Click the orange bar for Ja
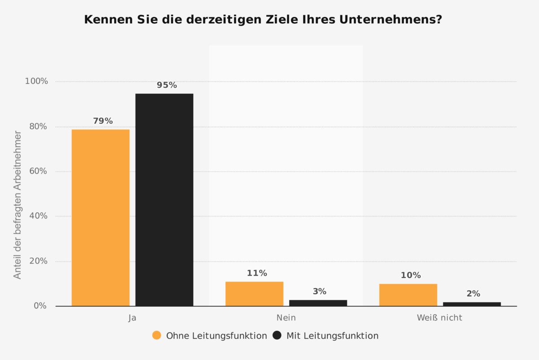coord(101,218)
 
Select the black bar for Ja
coord(164,200)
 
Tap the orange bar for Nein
coord(254,294)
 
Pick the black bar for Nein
coord(318,303)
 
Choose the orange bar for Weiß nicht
coord(408,295)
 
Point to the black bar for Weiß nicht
coord(472,304)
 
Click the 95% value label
coord(167,85)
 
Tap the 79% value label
coord(103,121)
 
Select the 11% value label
coord(257,273)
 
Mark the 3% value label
coord(319,291)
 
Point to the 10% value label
coord(411,275)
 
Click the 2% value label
coord(473,294)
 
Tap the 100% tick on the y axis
coord(36,81)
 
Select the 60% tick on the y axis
coord(38,171)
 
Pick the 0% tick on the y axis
coord(40,306)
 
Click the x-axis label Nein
coord(286,318)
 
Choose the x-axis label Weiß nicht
coord(439,318)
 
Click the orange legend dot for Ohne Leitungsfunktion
coord(157,335)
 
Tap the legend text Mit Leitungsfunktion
coord(332,336)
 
